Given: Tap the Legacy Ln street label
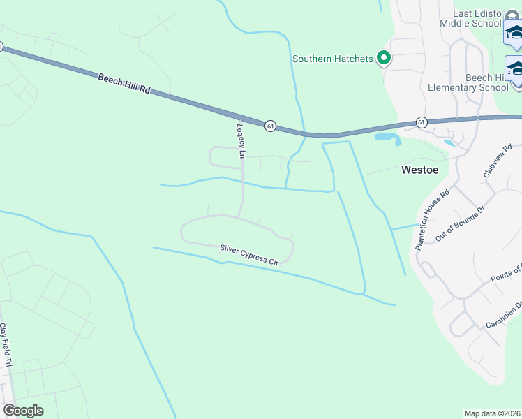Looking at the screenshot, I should [x=241, y=140].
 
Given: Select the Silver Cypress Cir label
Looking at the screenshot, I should [x=249, y=254].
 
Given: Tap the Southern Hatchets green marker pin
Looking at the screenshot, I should [x=383, y=59].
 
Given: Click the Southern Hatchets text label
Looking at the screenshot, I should [x=333, y=59].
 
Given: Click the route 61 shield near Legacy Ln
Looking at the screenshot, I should [x=270, y=126].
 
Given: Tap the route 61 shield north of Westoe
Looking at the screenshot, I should [x=422, y=122].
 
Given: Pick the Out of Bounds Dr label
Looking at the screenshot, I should [x=459, y=223].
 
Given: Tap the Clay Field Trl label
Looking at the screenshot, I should [x=6, y=345].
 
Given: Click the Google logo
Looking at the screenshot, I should [x=23, y=410].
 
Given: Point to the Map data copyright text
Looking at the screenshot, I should [x=493, y=413].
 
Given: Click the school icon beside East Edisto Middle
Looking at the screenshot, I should [x=514, y=32].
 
